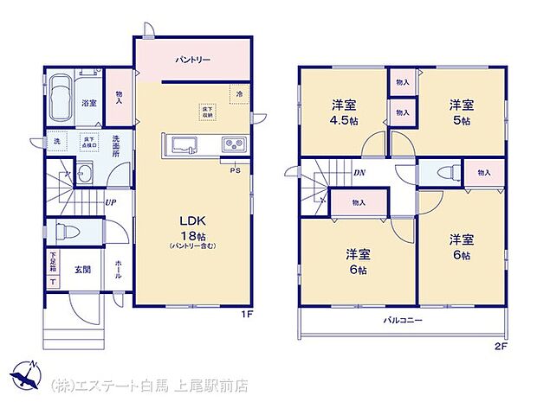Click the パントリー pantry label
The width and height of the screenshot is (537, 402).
(191, 60)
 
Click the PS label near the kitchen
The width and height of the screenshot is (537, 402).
(234, 169)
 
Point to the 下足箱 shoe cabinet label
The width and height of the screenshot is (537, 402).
(52, 259)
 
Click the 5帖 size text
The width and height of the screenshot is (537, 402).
(460, 120)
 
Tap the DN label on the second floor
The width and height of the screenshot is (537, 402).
(359, 173)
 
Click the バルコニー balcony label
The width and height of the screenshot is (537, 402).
(403, 321)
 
